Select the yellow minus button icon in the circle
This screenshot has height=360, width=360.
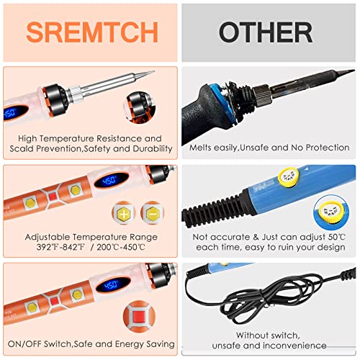tap(152, 213)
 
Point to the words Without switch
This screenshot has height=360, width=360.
tap(269, 335)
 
